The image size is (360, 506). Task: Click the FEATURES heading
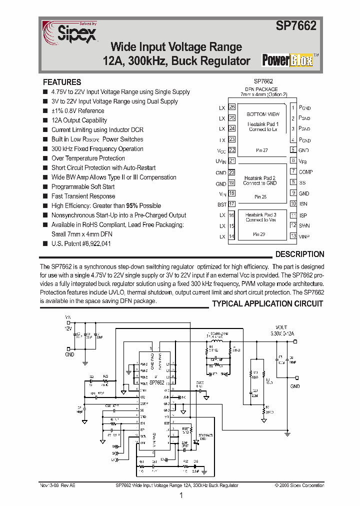(62, 82)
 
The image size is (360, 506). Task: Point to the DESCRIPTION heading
(299, 254)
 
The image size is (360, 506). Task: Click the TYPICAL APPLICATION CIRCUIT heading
(267, 303)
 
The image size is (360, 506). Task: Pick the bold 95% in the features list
(132, 205)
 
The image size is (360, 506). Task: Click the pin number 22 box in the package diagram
(232, 150)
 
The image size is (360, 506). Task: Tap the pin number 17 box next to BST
(232, 204)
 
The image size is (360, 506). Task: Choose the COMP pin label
(305, 172)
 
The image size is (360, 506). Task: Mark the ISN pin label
(303, 204)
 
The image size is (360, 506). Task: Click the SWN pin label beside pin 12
(304, 225)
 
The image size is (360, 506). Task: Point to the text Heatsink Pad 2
(259, 178)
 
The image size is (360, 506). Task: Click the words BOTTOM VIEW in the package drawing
(263, 114)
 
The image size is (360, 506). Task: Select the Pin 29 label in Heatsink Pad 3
(259, 234)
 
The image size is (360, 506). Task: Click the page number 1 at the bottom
(180, 495)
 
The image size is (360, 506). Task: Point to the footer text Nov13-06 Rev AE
(57, 485)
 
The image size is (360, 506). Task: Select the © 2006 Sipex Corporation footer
(299, 485)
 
